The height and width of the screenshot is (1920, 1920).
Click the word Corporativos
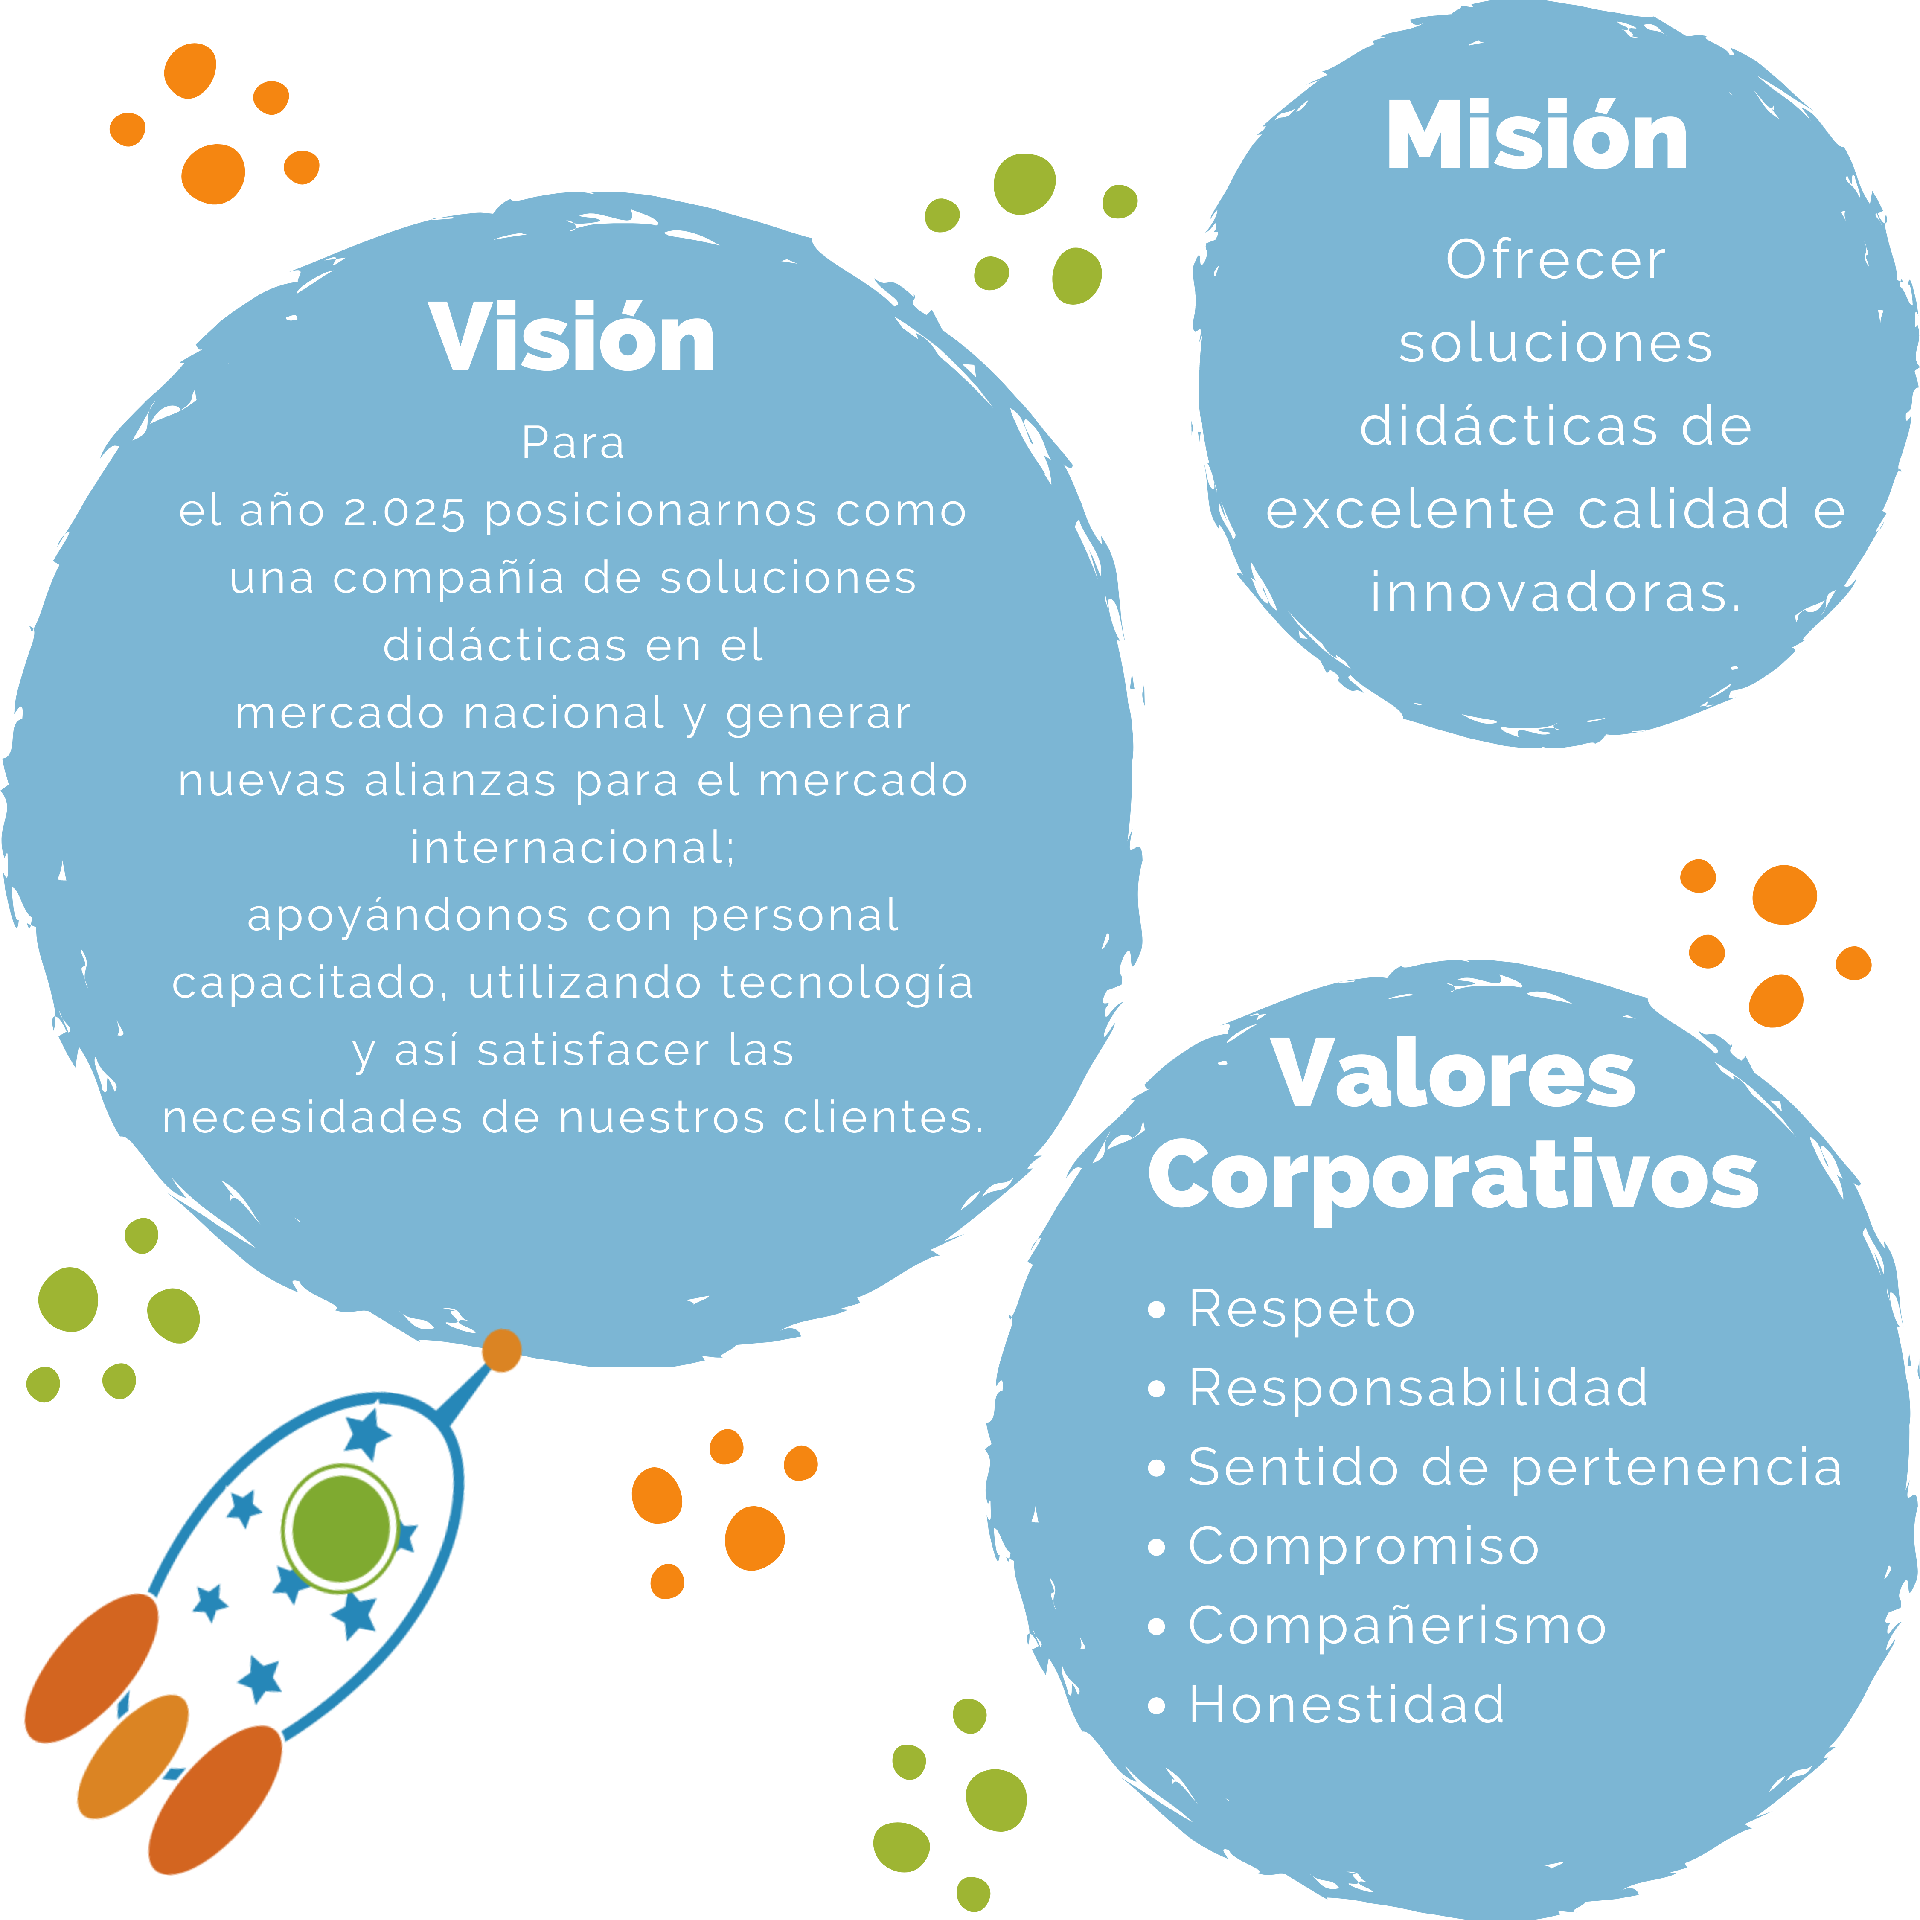click(x=1453, y=1175)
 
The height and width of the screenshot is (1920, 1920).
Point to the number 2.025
click(x=404, y=512)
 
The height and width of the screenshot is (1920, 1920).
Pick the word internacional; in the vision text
click(x=573, y=848)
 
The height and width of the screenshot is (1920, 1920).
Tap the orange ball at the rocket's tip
click(x=502, y=1350)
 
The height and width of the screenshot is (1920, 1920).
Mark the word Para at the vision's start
click(x=573, y=443)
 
